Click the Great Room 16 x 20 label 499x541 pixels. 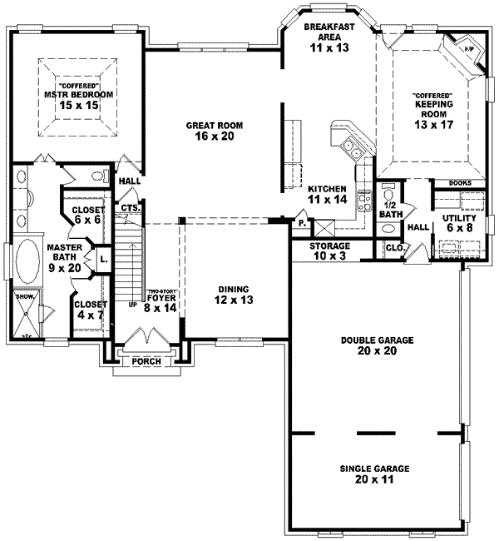[x=214, y=131]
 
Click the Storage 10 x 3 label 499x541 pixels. [x=330, y=251]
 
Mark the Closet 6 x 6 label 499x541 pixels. [x=86, y=216]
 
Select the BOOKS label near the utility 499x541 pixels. [x=460, y=182]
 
